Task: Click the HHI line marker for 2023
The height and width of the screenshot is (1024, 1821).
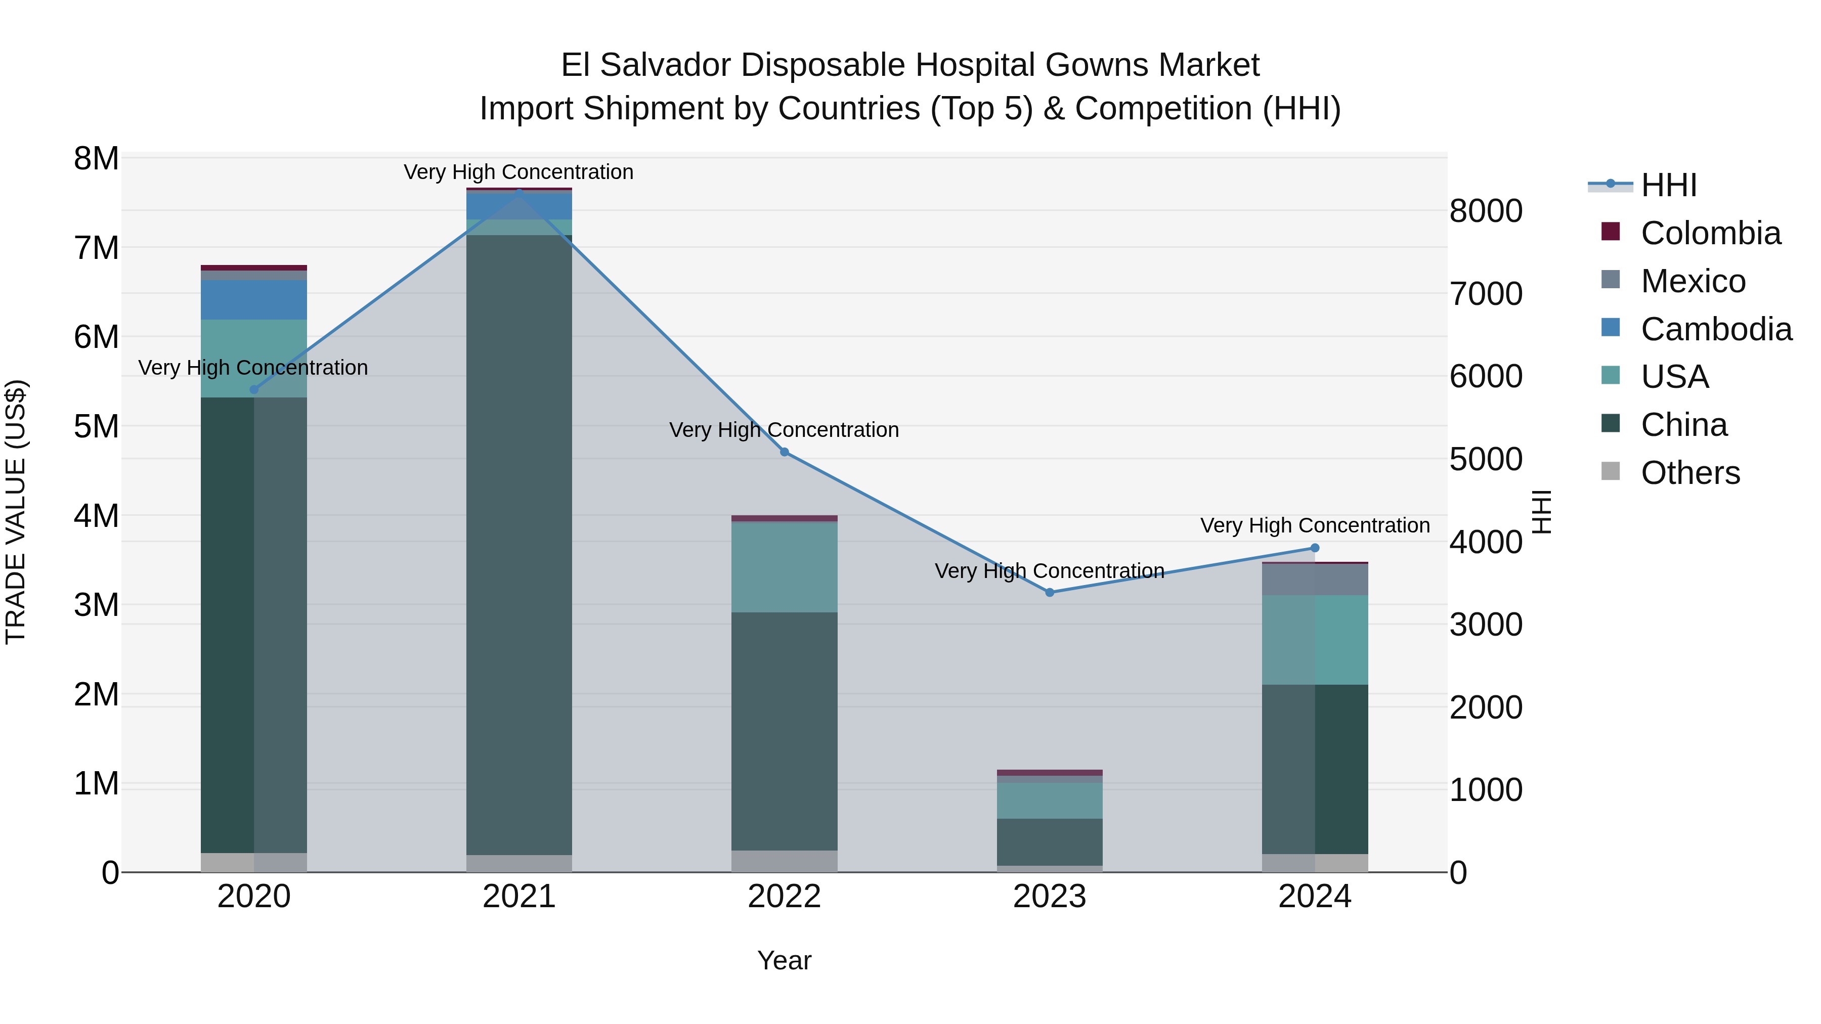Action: [x=1049, y=592]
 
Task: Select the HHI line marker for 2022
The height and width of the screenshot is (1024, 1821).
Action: [x=784, y=452]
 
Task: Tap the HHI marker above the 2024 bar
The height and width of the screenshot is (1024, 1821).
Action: [x=1314, y=548]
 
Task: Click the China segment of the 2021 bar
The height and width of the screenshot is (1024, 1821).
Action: [x=519, y=544]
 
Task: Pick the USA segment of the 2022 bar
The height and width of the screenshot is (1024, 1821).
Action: [x=784, y=567]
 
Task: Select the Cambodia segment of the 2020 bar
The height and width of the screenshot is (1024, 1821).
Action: [x=254, y=300]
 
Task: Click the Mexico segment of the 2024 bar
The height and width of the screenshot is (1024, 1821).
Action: [x=1314, y=580]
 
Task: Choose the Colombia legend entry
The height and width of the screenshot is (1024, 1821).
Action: [x=1710, y=233]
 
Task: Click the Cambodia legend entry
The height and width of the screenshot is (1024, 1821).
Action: [x=1716, y=329]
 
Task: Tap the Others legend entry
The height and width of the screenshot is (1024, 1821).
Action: [x=1689, y=473]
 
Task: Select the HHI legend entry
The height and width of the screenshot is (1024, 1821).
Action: [x=1668, y=185]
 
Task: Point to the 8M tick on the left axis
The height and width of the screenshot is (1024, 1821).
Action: [x=96, y=159]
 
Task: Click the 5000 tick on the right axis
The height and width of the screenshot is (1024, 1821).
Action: [x=1485, y=459]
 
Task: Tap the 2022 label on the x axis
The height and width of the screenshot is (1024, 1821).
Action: [x=784, y=897]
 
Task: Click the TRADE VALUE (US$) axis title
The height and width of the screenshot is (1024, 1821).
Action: [x=16, y=512]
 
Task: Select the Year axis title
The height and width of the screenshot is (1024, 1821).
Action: [x=784, y=960]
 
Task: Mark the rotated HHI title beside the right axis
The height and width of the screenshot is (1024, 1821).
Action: [x=1542, y=512]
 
